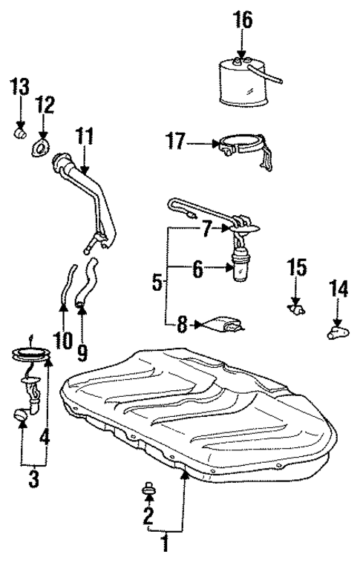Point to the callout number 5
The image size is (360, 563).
[157, 282]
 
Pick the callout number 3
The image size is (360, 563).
[33, 478]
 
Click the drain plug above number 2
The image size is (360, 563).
[148, 489]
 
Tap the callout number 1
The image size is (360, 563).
[166, 545]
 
